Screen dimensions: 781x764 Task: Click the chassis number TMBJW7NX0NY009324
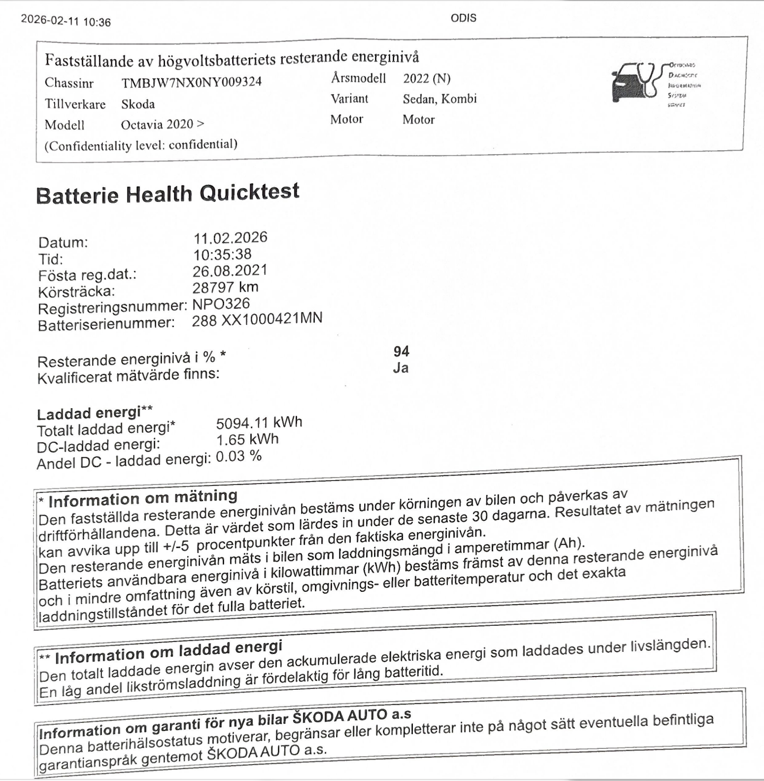[191, 82]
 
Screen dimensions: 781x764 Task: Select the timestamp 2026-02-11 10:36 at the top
[66, 21]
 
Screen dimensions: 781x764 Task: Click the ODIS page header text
[463, 18]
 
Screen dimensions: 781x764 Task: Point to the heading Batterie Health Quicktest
[168, 193]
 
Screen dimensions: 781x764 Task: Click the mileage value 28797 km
[225, 287]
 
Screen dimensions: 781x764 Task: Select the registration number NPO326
[221, 303]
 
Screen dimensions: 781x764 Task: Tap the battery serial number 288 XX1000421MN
[257, 319]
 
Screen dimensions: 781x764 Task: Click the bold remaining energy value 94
[401, 351]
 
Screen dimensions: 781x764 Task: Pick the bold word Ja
[400, 368]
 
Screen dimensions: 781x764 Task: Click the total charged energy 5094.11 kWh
[259, 423]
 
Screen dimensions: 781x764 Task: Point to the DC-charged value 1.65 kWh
[247, 440]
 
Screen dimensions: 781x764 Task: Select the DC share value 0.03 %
[238, 456]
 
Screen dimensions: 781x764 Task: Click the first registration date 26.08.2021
[230, 271]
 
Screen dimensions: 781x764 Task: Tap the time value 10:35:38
[222, 254]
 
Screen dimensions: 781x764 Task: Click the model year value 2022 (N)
[426, 79]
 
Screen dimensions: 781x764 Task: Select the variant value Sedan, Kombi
[439, 99]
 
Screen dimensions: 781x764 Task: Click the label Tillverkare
[75, 104]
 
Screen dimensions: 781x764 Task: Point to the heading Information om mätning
[142, 498]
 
